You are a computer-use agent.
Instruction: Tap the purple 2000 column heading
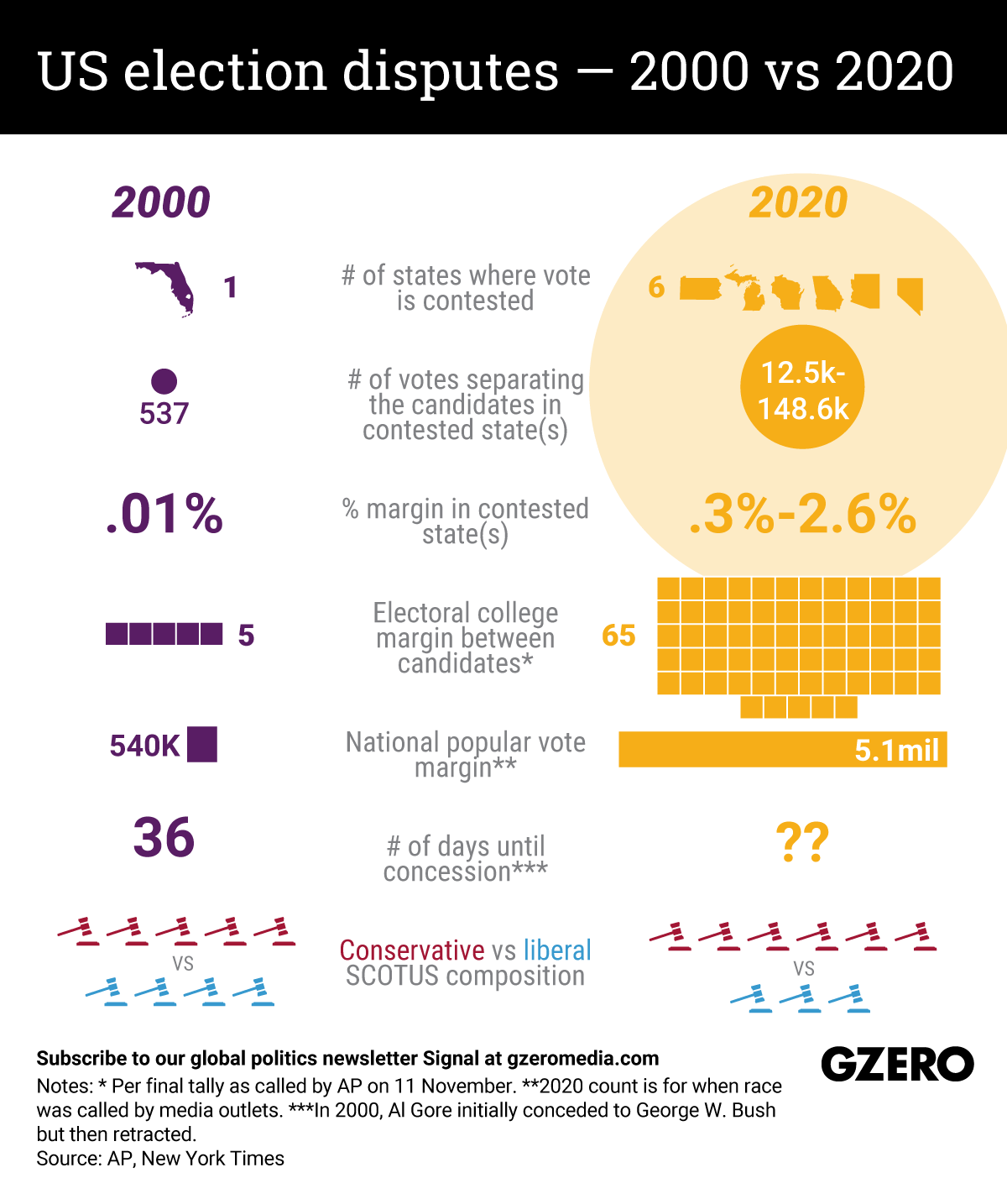click(x=160, y=203)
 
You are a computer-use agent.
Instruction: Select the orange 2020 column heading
click(x=798, y=203)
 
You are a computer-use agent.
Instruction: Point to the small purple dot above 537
click(x=164, y=381)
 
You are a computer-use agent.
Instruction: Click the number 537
click(x=164, y=414)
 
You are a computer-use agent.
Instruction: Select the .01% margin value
click(x=164, y=514)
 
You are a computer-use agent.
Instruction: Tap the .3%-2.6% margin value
click(x=801, y=514)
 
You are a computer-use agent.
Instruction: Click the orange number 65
click(x=618, y=636)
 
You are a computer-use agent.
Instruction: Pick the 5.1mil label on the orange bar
click(x=896, y=749)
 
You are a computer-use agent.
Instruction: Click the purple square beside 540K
click(x=202, y=744)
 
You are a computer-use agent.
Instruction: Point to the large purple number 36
click(x=164, y=838)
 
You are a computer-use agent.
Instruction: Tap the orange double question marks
click(x=801, y=843)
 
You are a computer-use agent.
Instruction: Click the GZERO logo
click(x=896, y=1065)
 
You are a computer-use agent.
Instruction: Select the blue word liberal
click(x=557, y=950)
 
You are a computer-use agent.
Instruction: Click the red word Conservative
click(x=411, y=950)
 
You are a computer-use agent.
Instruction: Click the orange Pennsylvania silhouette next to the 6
click(x=701, y=288)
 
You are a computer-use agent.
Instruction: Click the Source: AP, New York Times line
click(x=160, y=1159)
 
